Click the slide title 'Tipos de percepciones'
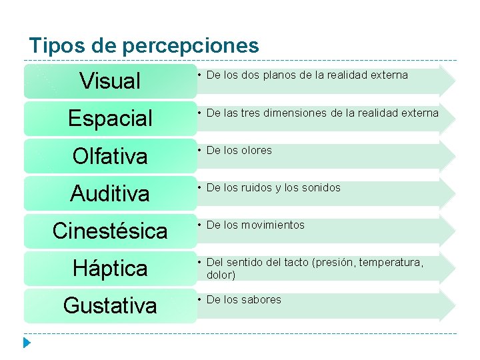(x=143, y=45)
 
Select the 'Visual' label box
(x=110, y=81)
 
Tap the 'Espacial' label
(x=110, y=119)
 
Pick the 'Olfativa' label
(x=110, y=156)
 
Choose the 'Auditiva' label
(x=110, y=193)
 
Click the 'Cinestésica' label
(x=110, y=231)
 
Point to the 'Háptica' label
(x=110, y=268)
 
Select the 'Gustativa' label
(x=110, y=305)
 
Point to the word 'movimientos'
(x=271, y=225)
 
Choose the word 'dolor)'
(x=221, y=274)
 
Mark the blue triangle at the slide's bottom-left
(x=27, y=344)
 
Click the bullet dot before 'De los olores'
(x=199, y=150)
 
